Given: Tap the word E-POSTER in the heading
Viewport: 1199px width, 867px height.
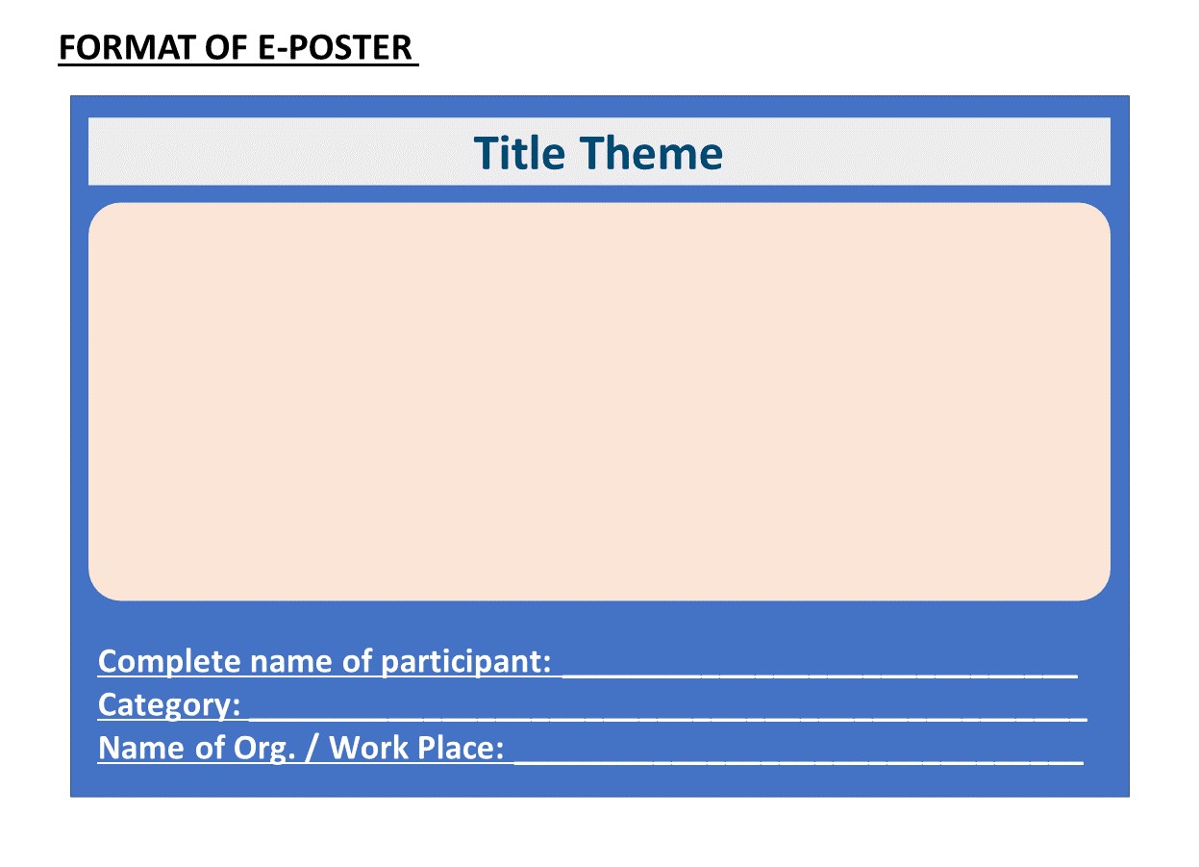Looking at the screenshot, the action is pyautogui.click(x=335, y=48).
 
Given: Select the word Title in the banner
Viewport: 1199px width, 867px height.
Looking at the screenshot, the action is pyautogui.click(x=519, y=153).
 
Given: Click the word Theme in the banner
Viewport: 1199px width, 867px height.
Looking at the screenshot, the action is pyautogui.click(x=652, y=153).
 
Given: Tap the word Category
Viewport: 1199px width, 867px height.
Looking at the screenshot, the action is pyautogui.click(x=169, y=705).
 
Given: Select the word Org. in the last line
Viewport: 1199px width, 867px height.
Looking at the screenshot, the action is pyautogui.click(x=264, y=749).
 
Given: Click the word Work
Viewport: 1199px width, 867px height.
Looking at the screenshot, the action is pyautogui.click(x=369, y=748).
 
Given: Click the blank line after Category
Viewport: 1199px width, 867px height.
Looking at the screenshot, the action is pyautogui.click(x=668, y=719).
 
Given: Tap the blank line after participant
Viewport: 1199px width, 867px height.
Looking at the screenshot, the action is pyautogui.click(x=820, y=676).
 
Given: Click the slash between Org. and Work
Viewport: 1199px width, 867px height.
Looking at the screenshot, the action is pyautogui.click(x=312, y=748).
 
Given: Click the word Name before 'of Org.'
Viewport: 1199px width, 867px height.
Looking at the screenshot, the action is pyautogui.click(x=140, y=748).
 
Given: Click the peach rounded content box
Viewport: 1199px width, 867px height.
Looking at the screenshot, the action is pyautogui.click(x=599, y=401).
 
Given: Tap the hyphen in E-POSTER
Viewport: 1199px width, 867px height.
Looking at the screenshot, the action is pyautogui.click(x=283, y=50).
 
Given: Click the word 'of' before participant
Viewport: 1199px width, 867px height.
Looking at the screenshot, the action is pyautogui.click(x=357, y=662).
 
